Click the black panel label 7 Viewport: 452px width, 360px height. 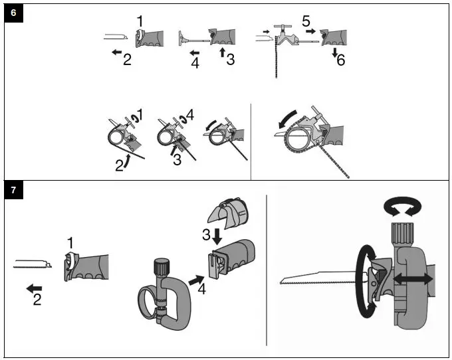13,191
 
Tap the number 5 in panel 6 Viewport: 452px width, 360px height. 306,21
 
